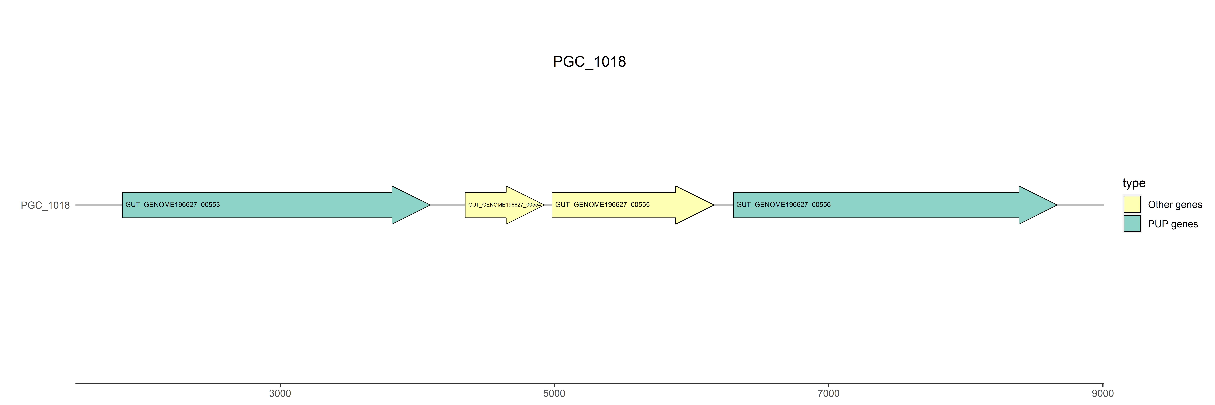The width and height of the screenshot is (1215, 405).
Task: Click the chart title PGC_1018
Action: (x=589, y=62)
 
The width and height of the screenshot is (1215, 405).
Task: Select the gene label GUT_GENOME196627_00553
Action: (x=173, y=205)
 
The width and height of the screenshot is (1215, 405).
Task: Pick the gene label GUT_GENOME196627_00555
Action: (x=602, y=205)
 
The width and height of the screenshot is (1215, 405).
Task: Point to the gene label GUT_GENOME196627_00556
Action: (x=783, y=205)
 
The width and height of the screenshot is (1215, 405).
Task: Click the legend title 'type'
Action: (x=1134, y=183)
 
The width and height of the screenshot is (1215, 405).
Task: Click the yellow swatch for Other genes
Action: (x=1132, y=204)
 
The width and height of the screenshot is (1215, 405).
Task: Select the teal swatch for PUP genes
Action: (x=1132, y=223)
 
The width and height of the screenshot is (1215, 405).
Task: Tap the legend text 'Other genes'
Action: (x=1175, y=205)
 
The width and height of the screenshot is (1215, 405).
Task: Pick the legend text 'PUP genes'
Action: (x=1173, y=224)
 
